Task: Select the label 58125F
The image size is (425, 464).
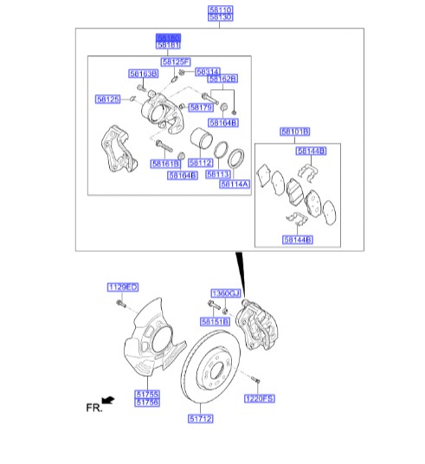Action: click(x=177, y=62)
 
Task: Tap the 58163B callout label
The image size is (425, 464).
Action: click(x=143, y=74)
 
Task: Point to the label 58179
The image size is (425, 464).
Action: click(x=201, y=107)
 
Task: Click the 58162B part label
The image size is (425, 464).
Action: click(x=223, y=79)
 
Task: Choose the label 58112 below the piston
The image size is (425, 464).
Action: click(x=200, y=162)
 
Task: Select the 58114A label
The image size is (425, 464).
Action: click(x=234, y=184)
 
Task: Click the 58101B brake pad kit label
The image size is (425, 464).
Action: click(x=293, y=132)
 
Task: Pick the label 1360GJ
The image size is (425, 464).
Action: click(x=224, y=293)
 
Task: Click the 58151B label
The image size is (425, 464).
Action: click(x=222, y=321)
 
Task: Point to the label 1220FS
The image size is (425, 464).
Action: click(x=258, y=398)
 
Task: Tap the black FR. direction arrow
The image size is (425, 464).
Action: click(x=108, y=398)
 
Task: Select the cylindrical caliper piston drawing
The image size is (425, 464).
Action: click(x=200, y=142)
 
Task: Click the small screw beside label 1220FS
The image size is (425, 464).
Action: click(x=256, y=379)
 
